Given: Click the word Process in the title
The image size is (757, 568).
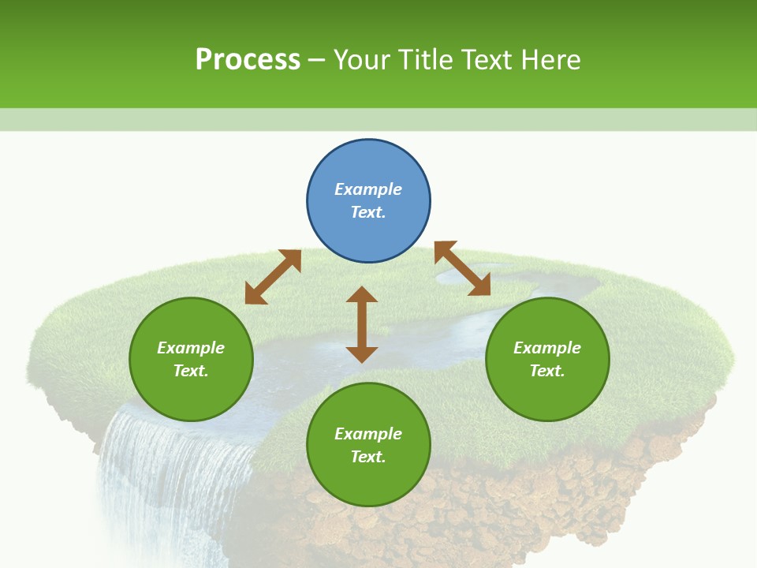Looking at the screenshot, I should [248, 60].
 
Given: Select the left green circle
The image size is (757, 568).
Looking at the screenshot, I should [191, 394].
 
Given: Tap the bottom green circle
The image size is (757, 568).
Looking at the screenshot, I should [368, 481].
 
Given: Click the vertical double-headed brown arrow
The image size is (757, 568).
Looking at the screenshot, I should [362, 324].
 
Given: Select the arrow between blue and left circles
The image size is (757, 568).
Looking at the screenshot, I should [273, 277].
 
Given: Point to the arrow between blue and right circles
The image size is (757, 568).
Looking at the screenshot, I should [462, 269].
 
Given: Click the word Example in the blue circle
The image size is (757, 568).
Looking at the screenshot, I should [368, 189].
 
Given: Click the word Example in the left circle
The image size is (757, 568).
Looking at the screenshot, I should [191, 348].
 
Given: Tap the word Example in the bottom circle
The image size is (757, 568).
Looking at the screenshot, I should [368, 434].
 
